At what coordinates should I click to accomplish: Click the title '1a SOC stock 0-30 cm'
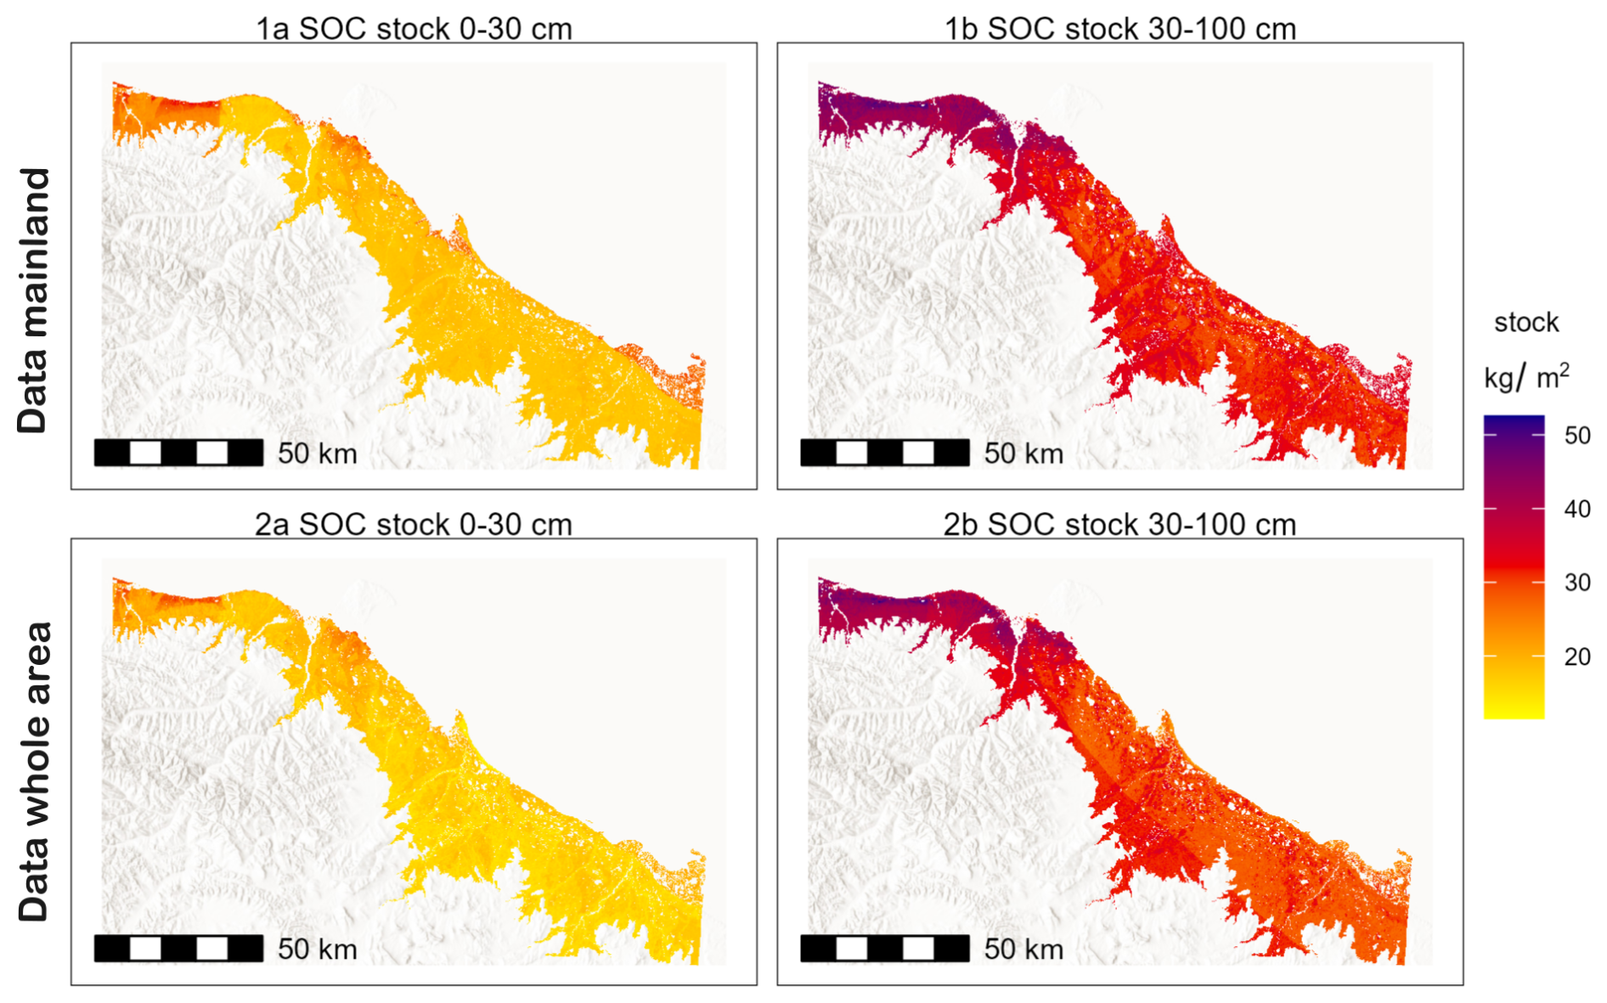[x=414, y=29]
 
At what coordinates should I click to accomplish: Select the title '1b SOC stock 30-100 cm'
[x=1119, y=29]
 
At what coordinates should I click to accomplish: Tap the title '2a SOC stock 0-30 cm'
[x=414, y=525]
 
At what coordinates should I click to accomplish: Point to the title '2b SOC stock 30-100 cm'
[x=1119, y=525]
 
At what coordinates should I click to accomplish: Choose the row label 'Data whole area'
[x=34, y=771]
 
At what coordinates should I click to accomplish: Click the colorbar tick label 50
[x=1577, y=436]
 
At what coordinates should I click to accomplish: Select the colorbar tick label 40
[x=1577, y=509]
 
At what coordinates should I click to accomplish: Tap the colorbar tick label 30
[x=1577, y=583]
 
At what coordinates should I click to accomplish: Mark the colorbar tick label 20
[x=1577, y=656]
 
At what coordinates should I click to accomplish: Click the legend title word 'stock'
[x=1526, y=323]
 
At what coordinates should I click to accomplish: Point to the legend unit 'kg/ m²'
[x=1526, y=376]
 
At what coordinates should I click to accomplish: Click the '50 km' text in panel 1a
[x=317, y=454]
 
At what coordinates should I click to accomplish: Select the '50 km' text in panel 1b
[x=1023, y=454]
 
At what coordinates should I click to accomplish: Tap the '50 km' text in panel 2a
[x=317, y=949]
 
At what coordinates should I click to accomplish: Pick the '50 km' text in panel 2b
[x=1023, y=949]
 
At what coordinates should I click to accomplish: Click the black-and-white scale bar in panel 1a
[x=178, y=453]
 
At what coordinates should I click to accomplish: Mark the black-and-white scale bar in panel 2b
[x=884, y=948]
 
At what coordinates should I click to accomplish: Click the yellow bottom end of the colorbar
[x=1514, y=712]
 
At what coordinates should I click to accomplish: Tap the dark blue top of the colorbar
[x=1514, y=422]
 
